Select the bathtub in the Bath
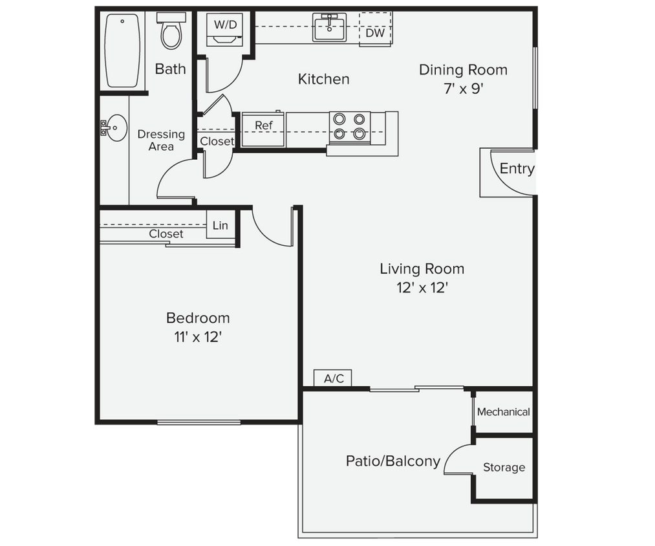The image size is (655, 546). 122,50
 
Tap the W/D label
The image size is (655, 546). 225,25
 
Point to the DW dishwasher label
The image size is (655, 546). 375,33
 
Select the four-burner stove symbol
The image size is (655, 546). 350,127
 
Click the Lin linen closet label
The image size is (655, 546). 220,226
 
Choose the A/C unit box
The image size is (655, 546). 333,378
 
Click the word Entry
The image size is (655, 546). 517,169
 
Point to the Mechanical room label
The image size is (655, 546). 503,412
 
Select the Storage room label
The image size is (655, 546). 504,467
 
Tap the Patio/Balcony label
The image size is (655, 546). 392,461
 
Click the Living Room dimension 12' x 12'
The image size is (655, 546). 422,288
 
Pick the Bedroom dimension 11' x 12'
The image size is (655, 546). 198,337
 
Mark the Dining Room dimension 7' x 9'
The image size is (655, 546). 463,89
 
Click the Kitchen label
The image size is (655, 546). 323,79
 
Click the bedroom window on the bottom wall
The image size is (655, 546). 199,423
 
